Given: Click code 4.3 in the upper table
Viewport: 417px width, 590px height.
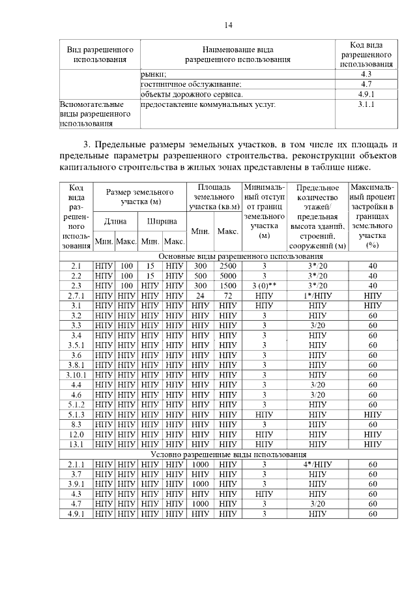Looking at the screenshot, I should (x=366, y=74).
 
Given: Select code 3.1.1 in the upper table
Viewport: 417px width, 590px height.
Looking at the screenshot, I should (x=366, y=104).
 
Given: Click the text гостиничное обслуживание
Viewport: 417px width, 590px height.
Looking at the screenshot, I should (x=191, y=84).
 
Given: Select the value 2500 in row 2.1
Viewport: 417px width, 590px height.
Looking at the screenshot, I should (x=227, y=266).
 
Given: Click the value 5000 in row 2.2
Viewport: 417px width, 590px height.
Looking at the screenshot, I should (x=227, y=276).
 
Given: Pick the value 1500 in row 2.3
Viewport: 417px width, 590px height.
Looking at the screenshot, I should (x=227, y=286).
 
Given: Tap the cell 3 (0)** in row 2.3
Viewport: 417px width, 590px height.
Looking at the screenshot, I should (x=265, y=286).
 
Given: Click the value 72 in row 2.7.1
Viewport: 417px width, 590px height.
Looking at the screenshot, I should (x=227, y=295).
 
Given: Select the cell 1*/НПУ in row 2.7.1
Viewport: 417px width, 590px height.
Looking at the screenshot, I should (x=317, y=295).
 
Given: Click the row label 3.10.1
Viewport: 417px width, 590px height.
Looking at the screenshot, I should (x=76, y=374).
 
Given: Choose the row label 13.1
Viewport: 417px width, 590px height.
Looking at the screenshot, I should (x=76, y=444).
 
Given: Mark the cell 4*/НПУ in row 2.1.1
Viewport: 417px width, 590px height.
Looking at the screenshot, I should (x=317, y=464).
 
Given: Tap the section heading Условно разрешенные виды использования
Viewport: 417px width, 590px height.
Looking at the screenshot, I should (x=229, y=454).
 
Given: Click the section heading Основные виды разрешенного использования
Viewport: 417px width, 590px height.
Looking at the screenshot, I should (x=229, y=256).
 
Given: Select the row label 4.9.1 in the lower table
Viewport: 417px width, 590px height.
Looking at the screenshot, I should (x=76, y=514).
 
